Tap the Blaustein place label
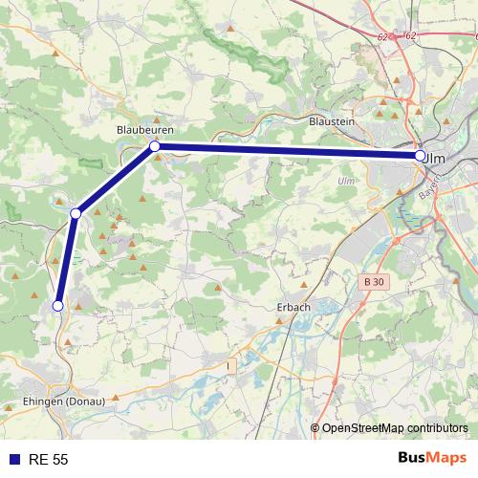(x=333, y=121)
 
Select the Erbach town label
(x=293, y=307)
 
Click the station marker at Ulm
(x=421, y=155)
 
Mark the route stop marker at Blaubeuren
(x=153, y=146)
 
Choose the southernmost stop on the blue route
(x=57, y=306)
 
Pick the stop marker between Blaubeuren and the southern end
(x=75, y=212)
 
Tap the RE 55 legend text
(x=48, y=460)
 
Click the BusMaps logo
(x=432, y=459)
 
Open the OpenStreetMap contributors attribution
(x=394, y=428)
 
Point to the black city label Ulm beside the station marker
(x=436, y=156)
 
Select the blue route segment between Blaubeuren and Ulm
(x=287, y=151)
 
